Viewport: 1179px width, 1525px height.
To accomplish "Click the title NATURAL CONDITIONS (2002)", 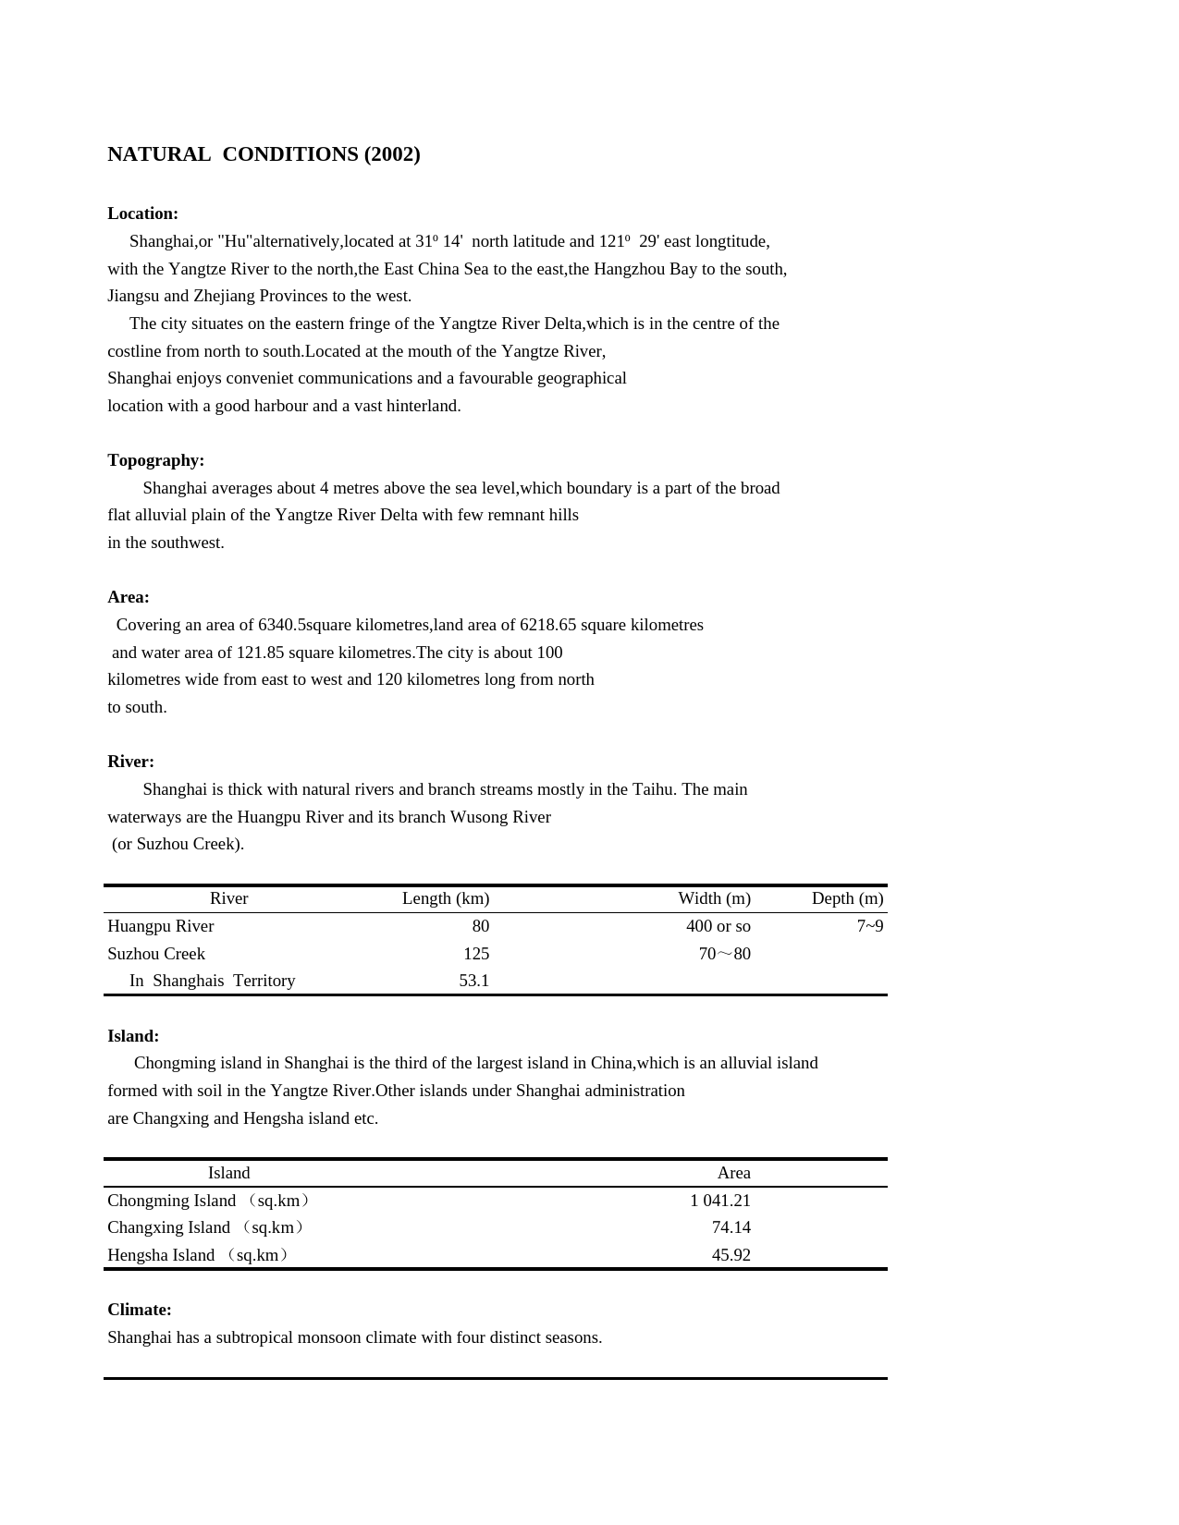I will [x=264, y=154].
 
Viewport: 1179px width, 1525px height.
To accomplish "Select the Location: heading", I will [x=142, y=213].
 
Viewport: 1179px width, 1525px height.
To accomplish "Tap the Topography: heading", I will [x=155, y=460].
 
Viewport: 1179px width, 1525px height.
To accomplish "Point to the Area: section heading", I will [x=128, y=597].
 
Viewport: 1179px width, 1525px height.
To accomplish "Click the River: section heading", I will [x=130, y=762].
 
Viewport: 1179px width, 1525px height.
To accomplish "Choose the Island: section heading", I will [x=133, y=1036].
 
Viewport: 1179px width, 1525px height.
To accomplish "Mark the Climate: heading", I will [x=139, y=1310].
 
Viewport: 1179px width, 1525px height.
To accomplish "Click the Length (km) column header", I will [x=445, y=898].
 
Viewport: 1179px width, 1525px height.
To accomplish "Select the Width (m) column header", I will [x=714, y=898].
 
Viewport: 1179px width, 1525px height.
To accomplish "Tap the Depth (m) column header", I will [x=847, y=898].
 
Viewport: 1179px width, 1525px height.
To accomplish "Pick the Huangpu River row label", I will [x=160, y=926].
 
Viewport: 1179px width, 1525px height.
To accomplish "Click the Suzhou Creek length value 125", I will [x=476, y=954].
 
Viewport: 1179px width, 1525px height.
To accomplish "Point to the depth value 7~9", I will [x=869, y=926].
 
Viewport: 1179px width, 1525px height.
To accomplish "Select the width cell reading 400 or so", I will [x=718, y=926].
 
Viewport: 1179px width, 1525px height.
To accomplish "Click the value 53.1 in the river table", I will [x=473, y=981].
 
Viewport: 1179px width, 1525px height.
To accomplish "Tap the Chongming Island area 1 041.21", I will [x=719, y=1201].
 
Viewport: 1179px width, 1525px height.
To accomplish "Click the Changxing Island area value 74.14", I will [x=731, y=1227].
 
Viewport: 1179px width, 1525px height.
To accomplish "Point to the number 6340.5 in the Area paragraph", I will [x=281, y=625].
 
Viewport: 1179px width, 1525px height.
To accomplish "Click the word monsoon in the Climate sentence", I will [x=328, y=1337].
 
